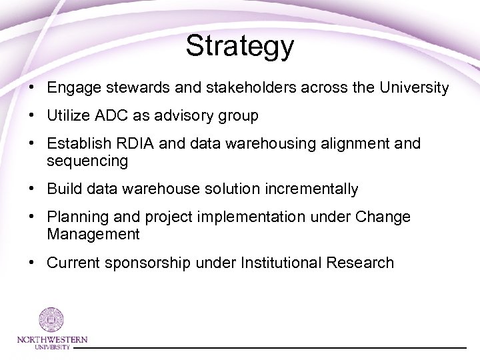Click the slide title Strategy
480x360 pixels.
(x=240, y=46)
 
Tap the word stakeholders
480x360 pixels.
(x=249, y=87)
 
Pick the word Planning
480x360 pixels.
(x=74, y=218)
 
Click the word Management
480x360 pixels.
(x=93, y=233)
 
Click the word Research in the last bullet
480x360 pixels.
(x=361, y=263)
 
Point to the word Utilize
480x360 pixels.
(x=68, y=116)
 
